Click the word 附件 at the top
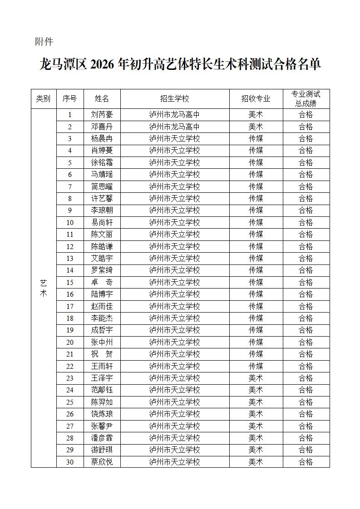44,42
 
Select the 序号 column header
70,99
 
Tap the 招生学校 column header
174,99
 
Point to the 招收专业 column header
256,99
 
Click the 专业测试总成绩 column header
306,99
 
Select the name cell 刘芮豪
102,115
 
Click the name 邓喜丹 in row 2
102,127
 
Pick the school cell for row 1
174,115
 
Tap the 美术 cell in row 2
256,127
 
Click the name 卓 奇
102,282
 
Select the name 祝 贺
102,354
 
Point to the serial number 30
70,462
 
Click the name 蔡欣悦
102,462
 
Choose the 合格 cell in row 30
306,462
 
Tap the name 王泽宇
102,378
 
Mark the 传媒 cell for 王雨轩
256,366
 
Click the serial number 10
70,222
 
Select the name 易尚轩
102,222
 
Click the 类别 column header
44,99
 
